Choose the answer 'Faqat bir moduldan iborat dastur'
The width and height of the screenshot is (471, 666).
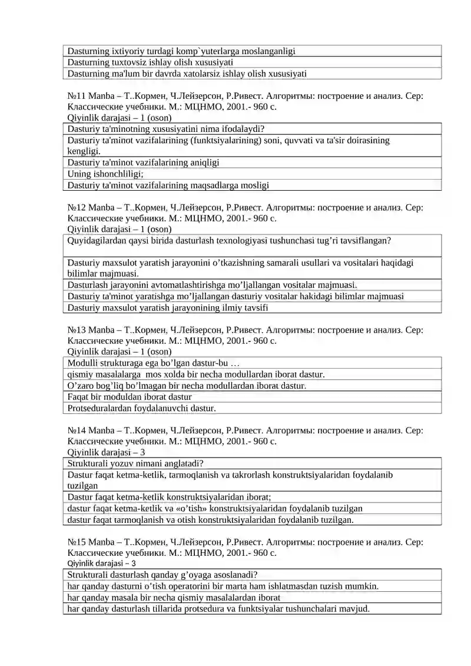[x=130, y=397]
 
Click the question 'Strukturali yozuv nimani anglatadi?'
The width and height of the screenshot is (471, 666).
[x=135, y=463]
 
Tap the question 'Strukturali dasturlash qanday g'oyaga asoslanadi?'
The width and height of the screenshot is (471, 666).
[x=162, y=575]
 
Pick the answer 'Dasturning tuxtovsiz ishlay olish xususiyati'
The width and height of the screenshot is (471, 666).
[x=151, y=62]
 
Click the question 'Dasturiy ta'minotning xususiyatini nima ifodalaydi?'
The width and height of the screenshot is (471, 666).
[x=165, y=129]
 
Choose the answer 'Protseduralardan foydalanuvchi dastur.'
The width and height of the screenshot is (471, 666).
[x=141, y=408]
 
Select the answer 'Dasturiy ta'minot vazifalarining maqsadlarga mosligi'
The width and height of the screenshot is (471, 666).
[x=168, y=185]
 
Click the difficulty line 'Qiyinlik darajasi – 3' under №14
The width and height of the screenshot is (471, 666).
[x=107, y=452]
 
